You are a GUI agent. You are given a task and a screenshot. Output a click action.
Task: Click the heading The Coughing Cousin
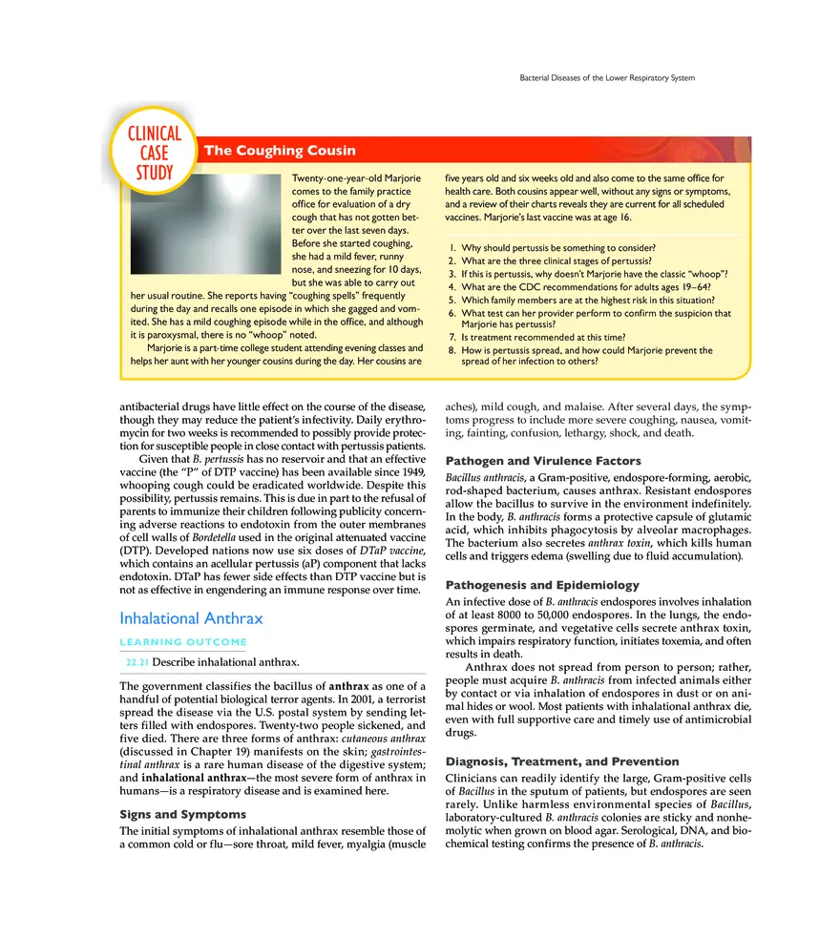[x=281, y=151]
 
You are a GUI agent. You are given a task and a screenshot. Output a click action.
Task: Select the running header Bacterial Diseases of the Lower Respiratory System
[x=606, y=77]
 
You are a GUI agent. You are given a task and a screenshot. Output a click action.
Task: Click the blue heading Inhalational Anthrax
[x=191, y=618]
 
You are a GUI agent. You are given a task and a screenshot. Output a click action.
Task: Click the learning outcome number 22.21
[x=136, y=662]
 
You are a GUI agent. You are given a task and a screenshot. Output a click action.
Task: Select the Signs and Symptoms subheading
[x=182, y=814]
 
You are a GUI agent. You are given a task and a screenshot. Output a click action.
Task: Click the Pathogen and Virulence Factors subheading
[x=536, y=461]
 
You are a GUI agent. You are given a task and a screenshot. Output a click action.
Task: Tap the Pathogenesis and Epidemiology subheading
[x=542, y=585]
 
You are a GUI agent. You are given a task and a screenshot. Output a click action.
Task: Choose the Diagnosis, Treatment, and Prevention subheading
[x=562, y=761]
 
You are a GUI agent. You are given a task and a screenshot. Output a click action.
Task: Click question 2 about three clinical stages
[x=556, y=261]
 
